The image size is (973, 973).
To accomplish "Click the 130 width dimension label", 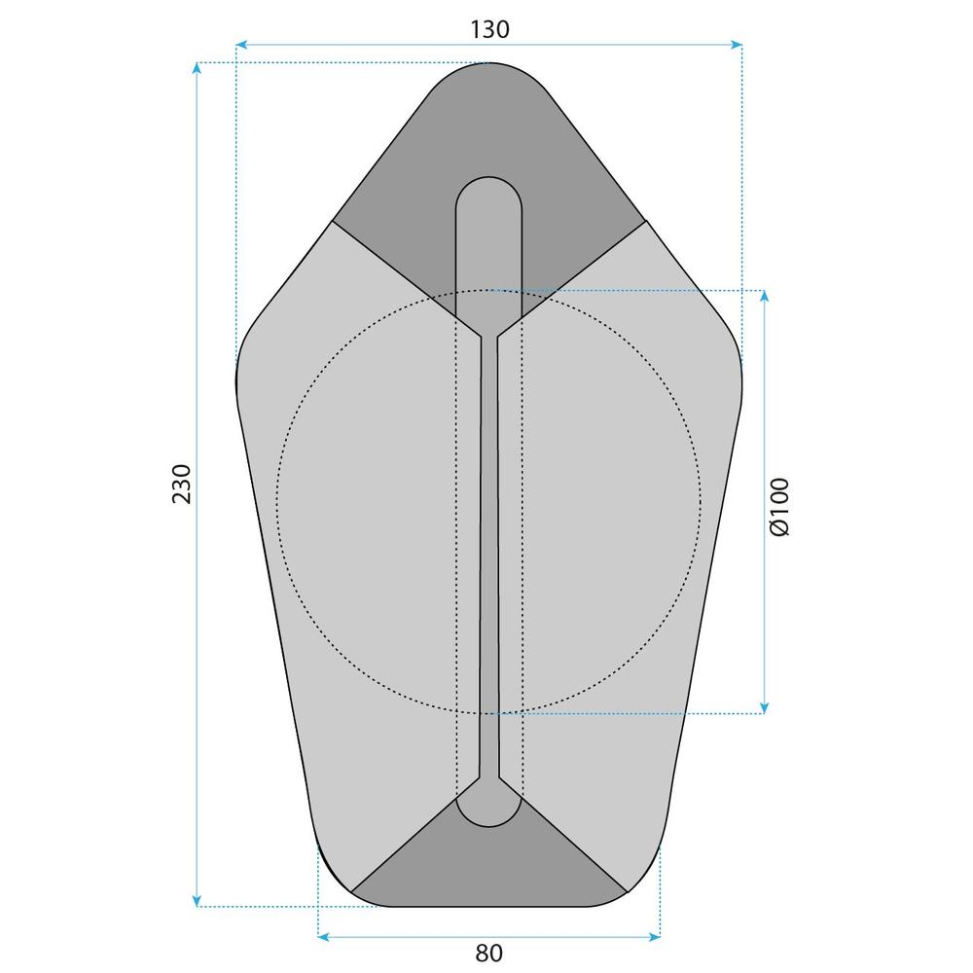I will coord(489,29).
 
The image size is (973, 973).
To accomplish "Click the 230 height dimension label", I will coord(182,484).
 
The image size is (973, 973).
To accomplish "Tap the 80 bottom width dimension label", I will coord(489,953).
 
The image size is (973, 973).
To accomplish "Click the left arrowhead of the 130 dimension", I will coord(241,44).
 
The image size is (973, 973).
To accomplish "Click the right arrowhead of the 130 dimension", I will coord(738,44).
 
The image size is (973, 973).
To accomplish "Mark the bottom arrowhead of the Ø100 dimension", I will coord(765,707).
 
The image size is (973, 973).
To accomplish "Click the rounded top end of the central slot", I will coord(489,195).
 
